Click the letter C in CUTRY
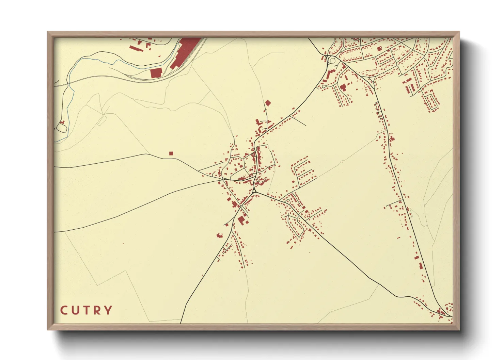[x=64, y=310]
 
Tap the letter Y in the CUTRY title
[x=108, y=310]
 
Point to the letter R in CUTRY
[x=97, y=310]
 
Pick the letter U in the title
[x=75, y=310]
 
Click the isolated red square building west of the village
[x=171, y=153]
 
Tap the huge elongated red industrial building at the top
[x=185, y=51]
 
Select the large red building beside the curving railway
[x=156, y=73]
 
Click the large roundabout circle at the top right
[x=332, y=61]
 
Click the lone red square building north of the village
[x=268, y=102]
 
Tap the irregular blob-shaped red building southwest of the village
[x=219, y=235]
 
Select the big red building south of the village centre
[x=241, y=220]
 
